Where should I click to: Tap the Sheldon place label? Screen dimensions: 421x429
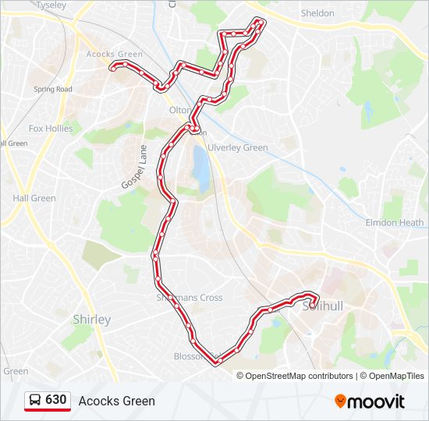[317, 13]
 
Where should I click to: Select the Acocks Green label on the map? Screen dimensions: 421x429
[115, 54]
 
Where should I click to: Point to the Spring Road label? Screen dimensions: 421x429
[53, 89]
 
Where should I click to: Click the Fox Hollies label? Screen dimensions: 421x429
[51, 129]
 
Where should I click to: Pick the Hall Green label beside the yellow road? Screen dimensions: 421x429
[34, 198]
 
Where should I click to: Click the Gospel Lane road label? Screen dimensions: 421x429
[134, 166]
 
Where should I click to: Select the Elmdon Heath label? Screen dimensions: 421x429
[395, 222]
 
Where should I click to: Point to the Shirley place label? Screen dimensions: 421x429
[91, 320]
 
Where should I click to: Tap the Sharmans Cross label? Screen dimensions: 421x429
[190, 297]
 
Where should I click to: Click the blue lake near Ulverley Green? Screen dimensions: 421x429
[201, 168]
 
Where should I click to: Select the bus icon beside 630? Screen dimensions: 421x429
[34, 400]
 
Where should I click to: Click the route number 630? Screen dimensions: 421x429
[56, 400]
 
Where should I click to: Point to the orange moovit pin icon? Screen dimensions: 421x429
[340, 401]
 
